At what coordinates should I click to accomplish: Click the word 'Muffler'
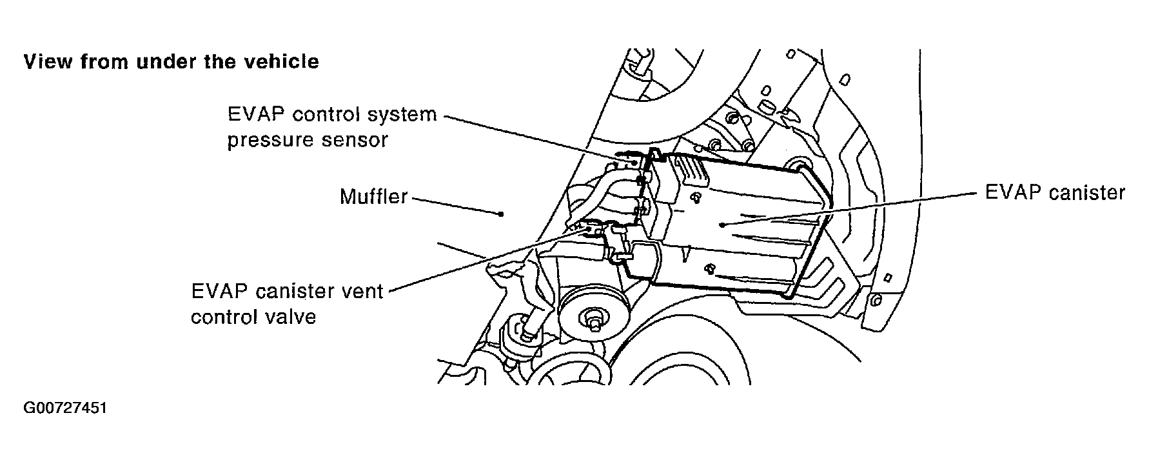coord(373,196)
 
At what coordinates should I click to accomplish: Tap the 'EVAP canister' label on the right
coord(1055,192)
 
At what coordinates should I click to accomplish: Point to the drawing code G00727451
coord(64,409)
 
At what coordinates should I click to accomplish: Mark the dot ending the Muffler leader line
coord(502,214)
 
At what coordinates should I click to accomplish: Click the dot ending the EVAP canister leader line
coord(724,224)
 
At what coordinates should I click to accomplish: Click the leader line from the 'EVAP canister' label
coord(851,208)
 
